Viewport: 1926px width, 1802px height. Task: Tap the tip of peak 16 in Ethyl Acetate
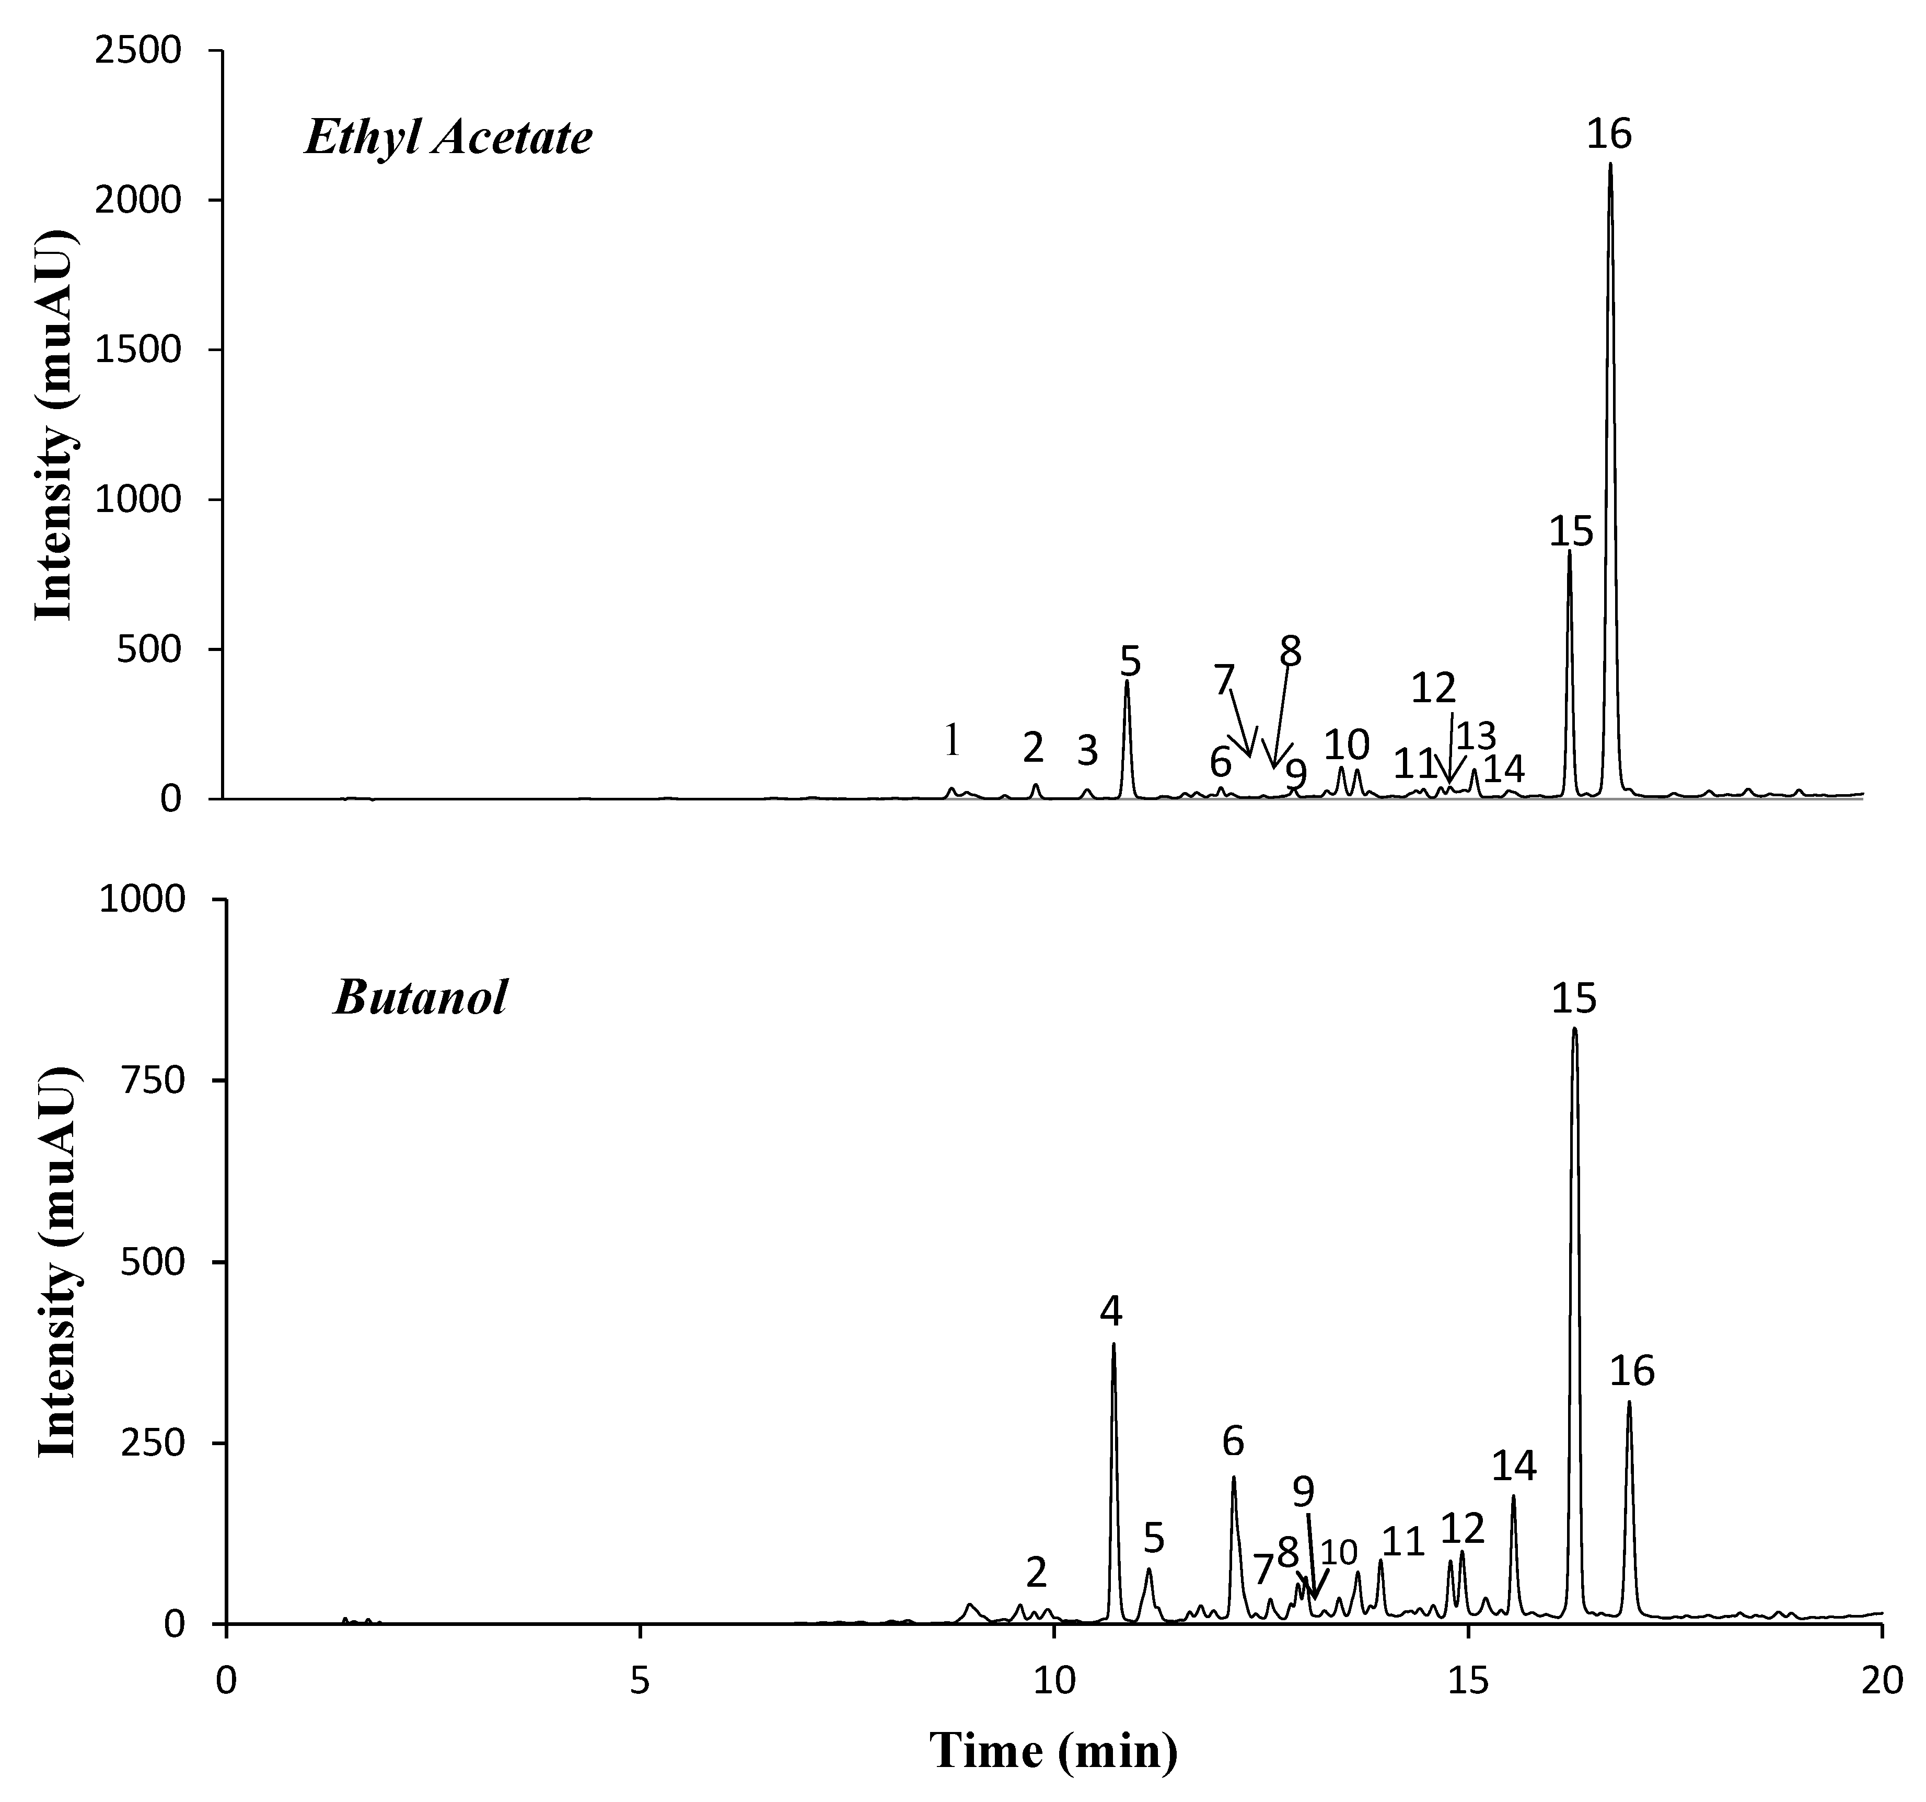(x=1610, y=164)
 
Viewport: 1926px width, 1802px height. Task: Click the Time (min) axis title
(x=1054, y=1750)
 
